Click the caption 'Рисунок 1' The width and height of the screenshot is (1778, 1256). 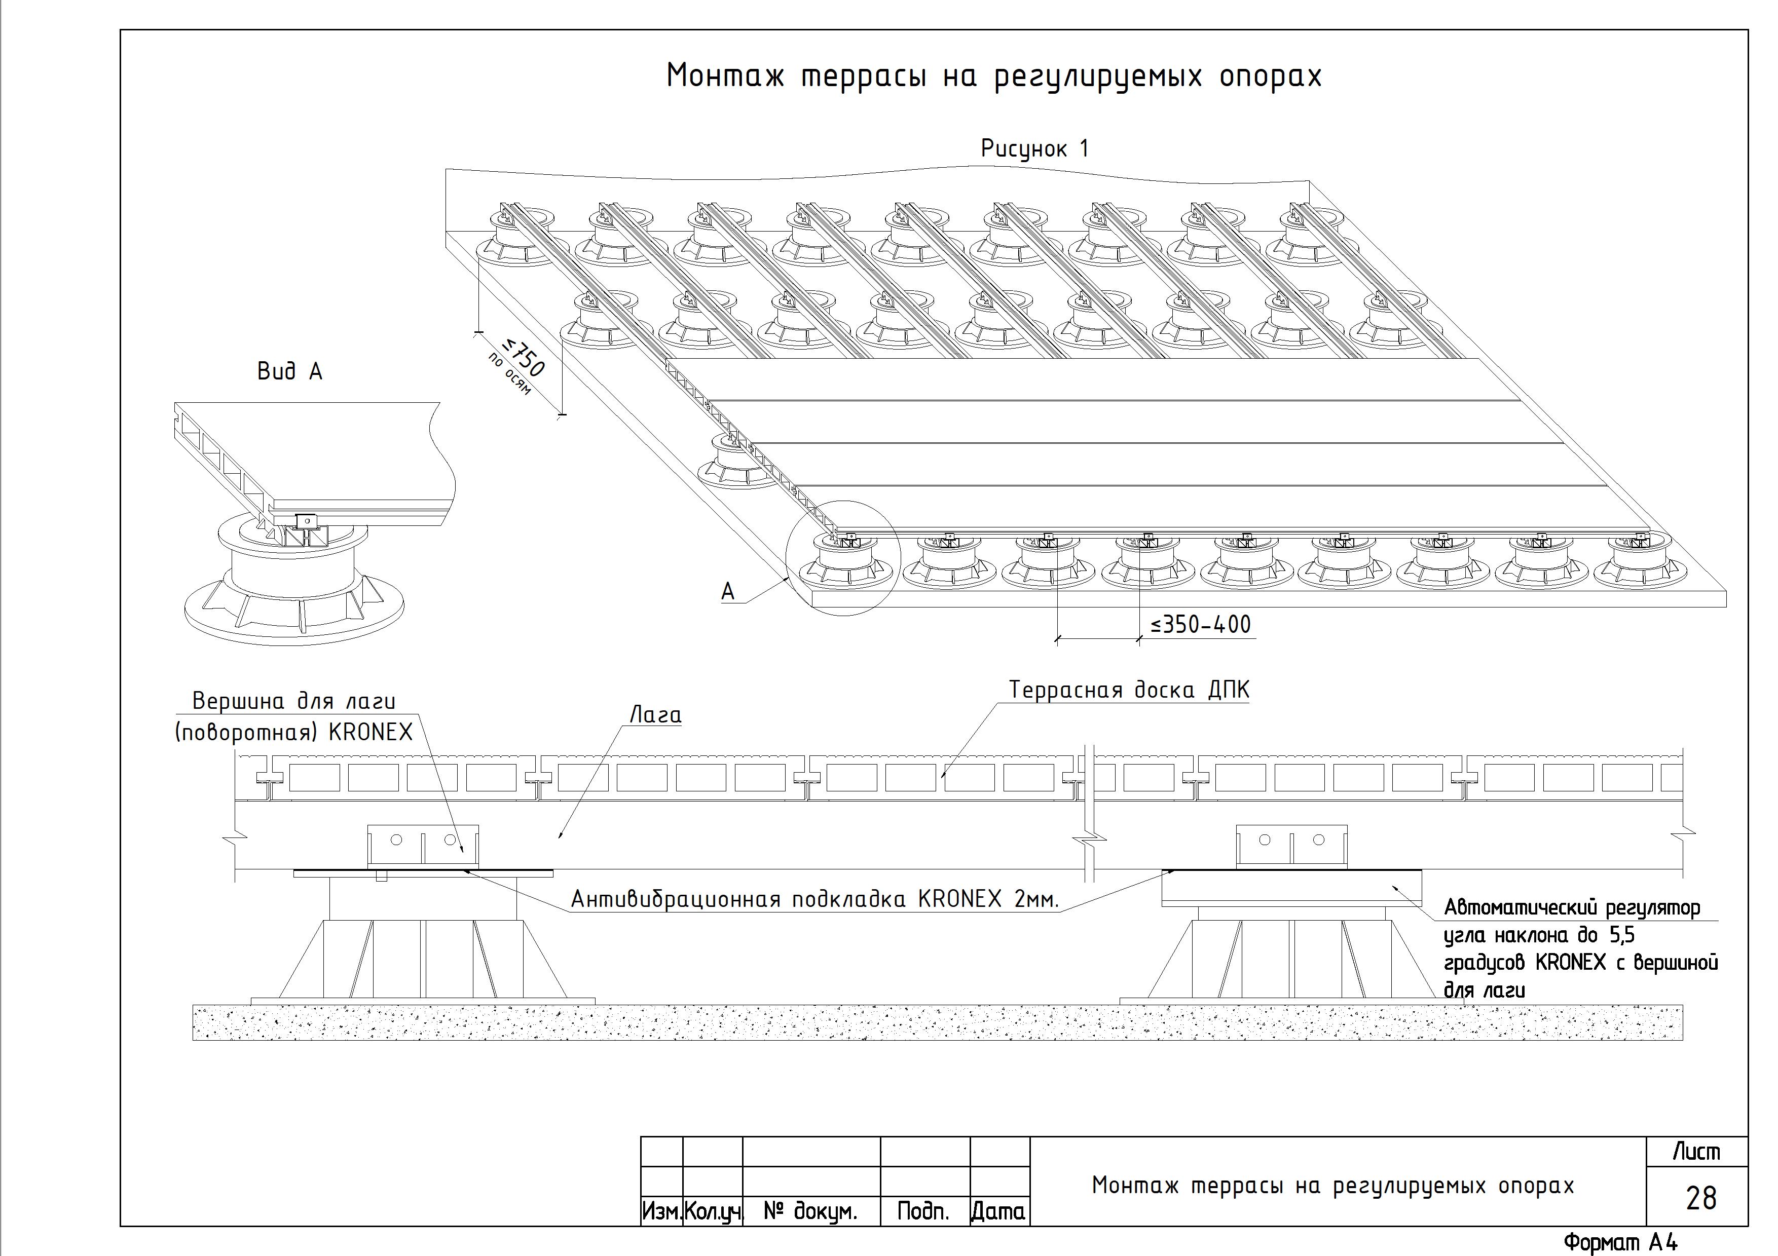coord(1034,148)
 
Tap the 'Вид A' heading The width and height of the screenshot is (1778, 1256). coord(289,371)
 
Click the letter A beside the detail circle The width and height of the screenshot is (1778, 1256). coord(728,592)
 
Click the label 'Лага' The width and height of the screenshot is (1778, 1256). coord(655,714)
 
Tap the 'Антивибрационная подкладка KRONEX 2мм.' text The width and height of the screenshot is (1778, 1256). coord(814,899)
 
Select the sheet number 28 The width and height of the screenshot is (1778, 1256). coord(1700,1198)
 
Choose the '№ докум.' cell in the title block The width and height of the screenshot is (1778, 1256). coord(811,1211)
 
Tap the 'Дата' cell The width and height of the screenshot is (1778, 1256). coord(999,1211)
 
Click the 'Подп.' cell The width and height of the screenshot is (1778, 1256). coord(924,1211)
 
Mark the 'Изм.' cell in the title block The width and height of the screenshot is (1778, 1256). coord(662,1211)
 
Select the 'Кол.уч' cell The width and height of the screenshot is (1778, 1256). coord(713,1211)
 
